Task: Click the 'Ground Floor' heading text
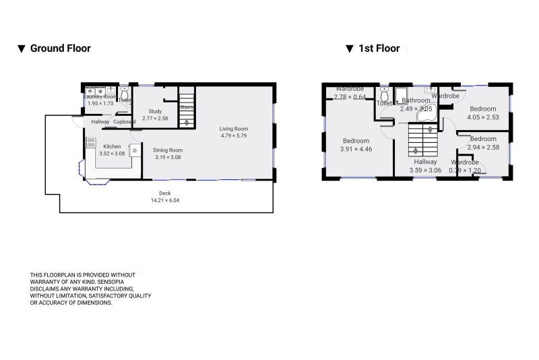pos(60,49)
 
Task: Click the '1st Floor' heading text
pos(379,49)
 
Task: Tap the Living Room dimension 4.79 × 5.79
pos(234,136)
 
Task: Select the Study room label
pos(155,111)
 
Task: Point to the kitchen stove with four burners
pos(91,143)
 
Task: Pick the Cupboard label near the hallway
pos(124,122)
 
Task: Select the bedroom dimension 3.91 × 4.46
pos(355,148)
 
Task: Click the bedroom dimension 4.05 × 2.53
pos(483,117)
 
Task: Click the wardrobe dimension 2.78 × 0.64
pos(350,97)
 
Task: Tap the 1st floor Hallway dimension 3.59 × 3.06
pos(425,170)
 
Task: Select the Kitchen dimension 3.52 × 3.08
pos(112,154)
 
